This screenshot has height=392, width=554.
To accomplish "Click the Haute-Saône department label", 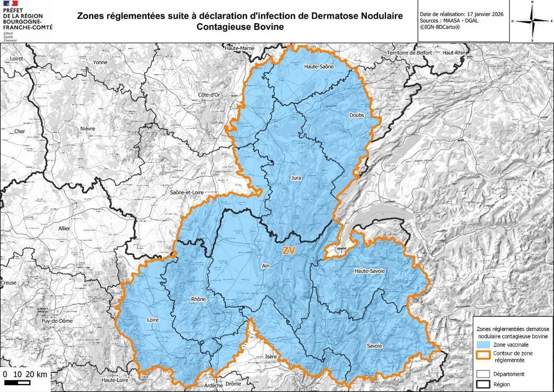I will tap(319, 66).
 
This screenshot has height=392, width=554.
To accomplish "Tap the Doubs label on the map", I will tap(356, 115).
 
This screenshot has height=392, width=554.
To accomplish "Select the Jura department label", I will tap(296, 178).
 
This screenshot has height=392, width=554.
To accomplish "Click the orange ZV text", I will tap(289, 251).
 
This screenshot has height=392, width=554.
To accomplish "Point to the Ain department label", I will tap(266, 266).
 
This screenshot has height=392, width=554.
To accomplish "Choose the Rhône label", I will tap(199, 299).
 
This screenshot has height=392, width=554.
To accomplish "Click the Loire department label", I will tap(153, 320).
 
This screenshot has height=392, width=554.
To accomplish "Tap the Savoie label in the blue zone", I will tap(374, 346).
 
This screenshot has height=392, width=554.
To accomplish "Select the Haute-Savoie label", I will tap(369, 271).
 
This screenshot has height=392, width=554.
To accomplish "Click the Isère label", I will tap(271, 357).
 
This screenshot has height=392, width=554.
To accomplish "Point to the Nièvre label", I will tap(88, 129).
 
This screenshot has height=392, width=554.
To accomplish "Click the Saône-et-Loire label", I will tap(187, 192).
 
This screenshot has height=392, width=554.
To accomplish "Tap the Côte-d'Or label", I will tap(209, 95).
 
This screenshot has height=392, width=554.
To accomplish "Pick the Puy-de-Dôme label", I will tap(57, 321).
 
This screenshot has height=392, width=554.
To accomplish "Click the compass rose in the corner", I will tap(532, 21).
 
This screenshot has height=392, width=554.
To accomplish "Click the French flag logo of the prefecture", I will tap(8, 4).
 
